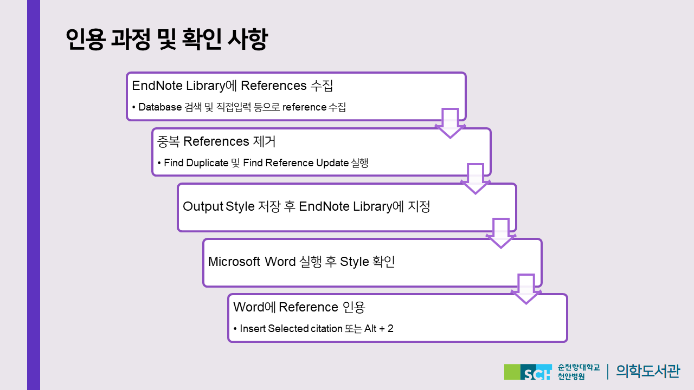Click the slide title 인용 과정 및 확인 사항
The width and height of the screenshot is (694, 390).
coord(166,40)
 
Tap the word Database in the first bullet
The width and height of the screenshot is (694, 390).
coord(160,107)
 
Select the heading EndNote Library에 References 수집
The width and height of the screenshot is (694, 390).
coord(233,86)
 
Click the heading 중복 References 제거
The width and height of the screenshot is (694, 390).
coord(216,141)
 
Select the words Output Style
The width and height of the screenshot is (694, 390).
coord(219,206)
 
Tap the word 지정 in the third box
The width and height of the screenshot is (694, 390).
coord(419,206)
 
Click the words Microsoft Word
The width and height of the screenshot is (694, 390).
coord(252,262)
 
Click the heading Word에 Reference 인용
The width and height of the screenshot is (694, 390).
coord(299,307)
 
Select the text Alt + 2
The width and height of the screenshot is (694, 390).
coord(379,328)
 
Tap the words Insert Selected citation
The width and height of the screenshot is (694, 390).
coord(291,328)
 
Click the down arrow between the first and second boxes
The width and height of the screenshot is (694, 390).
coord(450,123)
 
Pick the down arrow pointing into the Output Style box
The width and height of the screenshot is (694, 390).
coord(475,179)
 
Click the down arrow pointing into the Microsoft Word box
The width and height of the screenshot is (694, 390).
coord(501,233)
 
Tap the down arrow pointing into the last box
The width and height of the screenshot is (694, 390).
coord(526,289)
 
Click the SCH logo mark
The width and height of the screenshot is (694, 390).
coord(528,372)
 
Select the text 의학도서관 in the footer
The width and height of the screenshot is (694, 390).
coord(648,371)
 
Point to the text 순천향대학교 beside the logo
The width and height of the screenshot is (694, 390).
coord(579,367)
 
